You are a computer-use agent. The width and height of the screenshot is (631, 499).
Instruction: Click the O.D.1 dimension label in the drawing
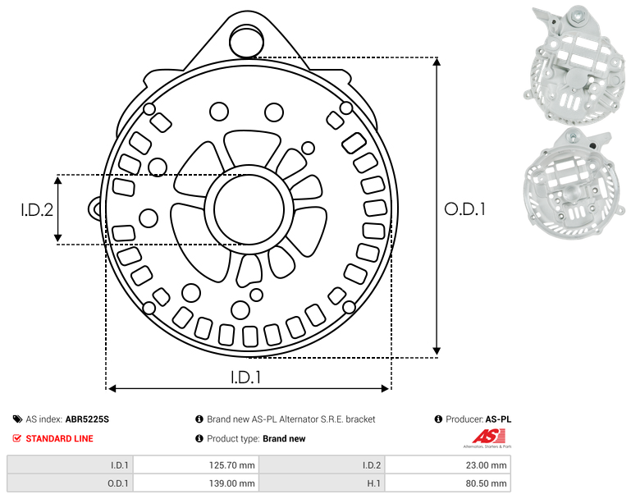464,209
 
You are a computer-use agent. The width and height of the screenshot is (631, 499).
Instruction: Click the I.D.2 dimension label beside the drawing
37,210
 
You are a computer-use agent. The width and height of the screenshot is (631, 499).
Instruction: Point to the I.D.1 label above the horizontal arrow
246,378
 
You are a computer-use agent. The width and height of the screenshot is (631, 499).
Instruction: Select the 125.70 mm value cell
196,465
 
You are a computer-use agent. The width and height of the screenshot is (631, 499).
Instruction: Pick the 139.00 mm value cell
196,483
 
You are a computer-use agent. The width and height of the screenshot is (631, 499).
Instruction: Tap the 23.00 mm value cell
448,465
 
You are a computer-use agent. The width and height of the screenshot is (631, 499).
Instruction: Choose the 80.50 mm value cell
448,483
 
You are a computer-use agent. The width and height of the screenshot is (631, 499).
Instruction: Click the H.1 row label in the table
322,483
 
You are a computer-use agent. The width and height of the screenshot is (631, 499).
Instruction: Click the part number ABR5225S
87,419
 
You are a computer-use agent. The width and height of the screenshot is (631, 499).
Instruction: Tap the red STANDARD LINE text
60,438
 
